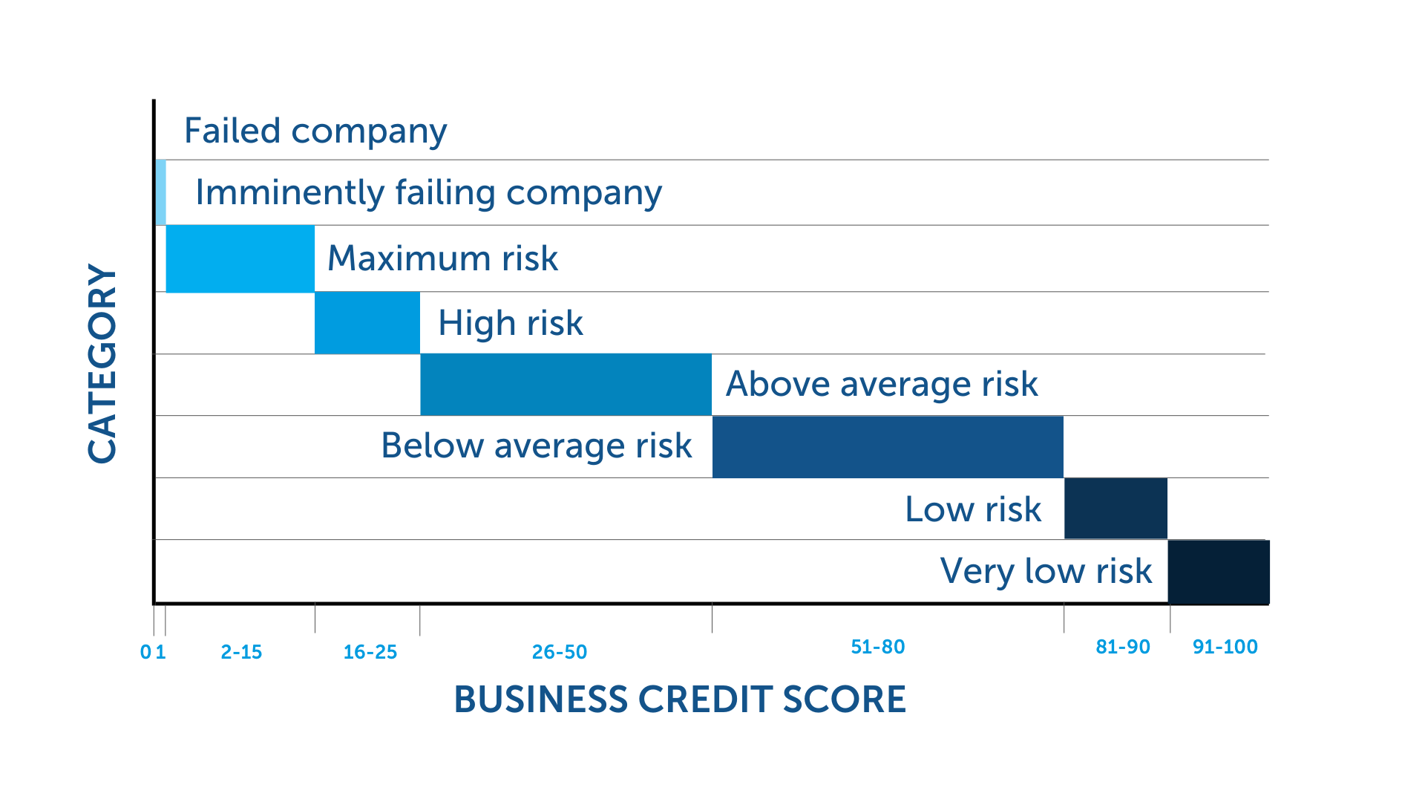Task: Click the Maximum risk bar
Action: [240, 258]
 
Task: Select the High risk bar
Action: [367, 323]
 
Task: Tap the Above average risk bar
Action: [566, 385]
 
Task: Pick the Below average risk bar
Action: [888, 447]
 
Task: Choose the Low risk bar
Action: [1116, 509]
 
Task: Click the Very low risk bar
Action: [1219, 572]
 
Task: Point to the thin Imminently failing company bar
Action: [160, 192]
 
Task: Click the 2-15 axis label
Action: [241, 652]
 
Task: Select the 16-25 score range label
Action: [370, 652]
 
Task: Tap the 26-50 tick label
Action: [560, 652]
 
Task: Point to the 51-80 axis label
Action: [878, 647]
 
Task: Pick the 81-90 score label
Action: [1123, 647]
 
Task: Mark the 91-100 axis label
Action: [1225, 647]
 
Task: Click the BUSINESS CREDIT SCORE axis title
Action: [680, 700]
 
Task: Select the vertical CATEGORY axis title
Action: [102, 364]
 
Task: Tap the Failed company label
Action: [315, 131]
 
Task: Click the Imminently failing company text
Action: [428, 193]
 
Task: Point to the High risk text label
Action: [511, 324]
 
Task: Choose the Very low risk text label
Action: [1046, 571]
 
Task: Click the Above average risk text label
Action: [882, 385]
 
